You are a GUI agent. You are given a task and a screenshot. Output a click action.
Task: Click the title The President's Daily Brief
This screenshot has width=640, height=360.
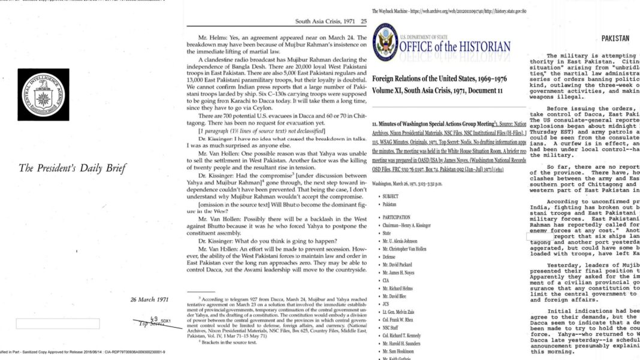click(73, 168)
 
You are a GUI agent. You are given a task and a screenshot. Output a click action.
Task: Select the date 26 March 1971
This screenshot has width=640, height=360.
click(150, 299)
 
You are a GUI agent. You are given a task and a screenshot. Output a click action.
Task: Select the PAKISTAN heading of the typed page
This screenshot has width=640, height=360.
click(615, 38)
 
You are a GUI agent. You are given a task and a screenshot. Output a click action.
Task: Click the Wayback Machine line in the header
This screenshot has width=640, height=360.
click(449, 11)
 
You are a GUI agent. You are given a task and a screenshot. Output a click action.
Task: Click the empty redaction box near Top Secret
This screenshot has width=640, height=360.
click(58, 323)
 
